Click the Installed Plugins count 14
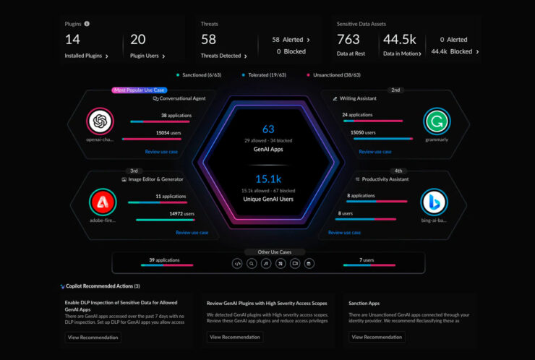[x=72, y=39]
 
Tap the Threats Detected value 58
[x=209, y=39]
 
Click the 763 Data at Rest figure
[x=348, y=39]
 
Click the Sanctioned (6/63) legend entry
[x=199, y=74]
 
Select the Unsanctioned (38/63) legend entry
[x=337, y=74]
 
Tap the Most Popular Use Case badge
[x=139, y=90]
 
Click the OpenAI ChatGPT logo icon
[x=100, y=121]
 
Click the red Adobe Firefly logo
[x=101, y=202]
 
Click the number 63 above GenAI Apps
[x=268, y=129]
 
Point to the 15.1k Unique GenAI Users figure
[x=268, y=179]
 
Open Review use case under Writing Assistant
[x=375, y=152]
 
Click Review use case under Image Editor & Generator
[x=192, y=233]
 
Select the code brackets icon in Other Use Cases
[x=236, y=264]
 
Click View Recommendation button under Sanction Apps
[x=377, y=337]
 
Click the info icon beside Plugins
[x=87, y=24]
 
